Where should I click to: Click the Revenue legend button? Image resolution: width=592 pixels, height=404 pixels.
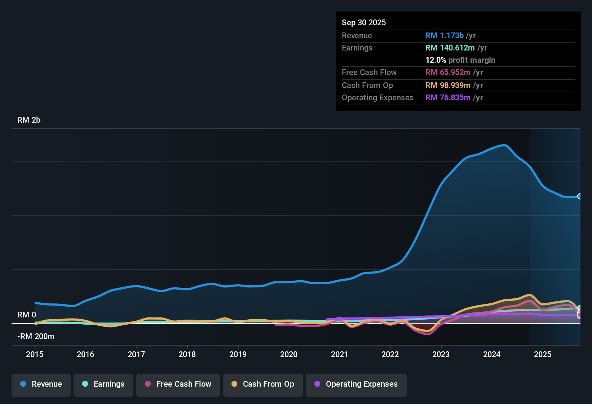[x=41, y=384]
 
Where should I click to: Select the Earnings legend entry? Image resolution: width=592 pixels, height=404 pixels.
[x=103, y=384]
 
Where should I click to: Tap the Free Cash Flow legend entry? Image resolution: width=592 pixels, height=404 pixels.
[x=178, y=384]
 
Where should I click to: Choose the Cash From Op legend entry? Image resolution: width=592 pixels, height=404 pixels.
[x=263, y=384]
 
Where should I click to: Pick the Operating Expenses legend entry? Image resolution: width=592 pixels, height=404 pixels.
[x=356, y=384]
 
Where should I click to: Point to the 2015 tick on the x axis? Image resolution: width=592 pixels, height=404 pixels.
[x=35, y=354]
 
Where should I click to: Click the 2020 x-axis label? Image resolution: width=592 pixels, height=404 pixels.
[x=289, y=354]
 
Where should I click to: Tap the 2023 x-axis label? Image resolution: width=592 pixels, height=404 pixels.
[x=441, y=354]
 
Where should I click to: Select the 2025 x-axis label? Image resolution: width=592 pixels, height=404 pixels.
[x=543, y=354]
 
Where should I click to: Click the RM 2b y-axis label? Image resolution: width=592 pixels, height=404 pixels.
[x=29, y=120]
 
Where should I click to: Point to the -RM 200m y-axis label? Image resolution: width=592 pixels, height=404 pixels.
[x=36, y=337]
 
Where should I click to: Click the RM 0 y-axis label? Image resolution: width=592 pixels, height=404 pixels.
[x=27, y=315]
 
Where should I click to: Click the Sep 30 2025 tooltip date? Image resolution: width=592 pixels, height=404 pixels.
[x=364, y=22]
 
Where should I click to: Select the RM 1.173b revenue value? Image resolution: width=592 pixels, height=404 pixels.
[x=444, y=35]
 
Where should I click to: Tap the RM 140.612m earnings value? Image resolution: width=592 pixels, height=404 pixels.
[x=450, y=48]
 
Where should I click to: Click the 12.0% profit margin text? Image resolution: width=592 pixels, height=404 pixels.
[x=460, y=60]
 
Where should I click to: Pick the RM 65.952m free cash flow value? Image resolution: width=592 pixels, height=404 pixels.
[x=448, y=73]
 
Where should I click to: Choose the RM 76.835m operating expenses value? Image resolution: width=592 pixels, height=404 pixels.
[x=448, y=98]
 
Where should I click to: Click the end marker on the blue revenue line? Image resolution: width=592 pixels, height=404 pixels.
[x=580, y=196]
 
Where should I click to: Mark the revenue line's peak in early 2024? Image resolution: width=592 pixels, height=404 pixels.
[x=504, y=145]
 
